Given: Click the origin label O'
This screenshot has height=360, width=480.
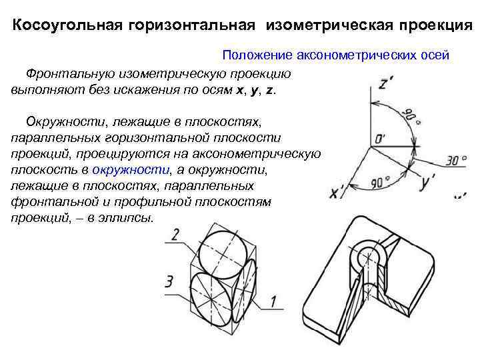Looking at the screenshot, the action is point(380,140).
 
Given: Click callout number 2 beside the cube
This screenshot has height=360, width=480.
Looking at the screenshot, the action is point(174,234).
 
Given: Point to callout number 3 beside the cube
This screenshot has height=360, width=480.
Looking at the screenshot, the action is point(169,281).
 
